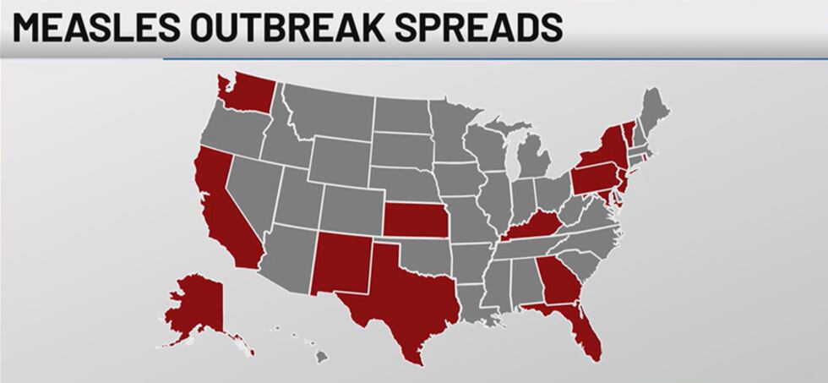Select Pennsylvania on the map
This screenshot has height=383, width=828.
596,178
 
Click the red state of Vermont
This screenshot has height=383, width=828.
627,131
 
